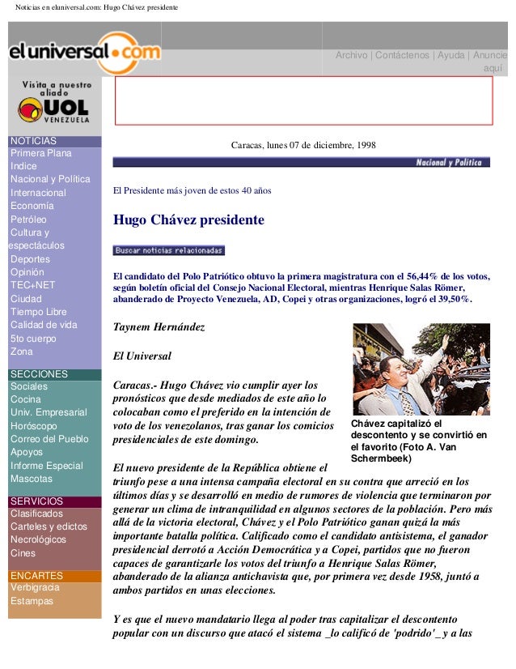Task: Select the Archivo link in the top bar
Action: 351,55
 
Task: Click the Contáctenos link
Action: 401,55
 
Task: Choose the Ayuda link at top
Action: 451,55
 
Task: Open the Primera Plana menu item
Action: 40,153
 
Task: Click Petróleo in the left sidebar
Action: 28,219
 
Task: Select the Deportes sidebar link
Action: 30,259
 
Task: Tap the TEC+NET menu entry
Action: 32,285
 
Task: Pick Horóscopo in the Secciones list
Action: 34,426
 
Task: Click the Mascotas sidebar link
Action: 31,479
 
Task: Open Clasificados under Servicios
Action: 36,513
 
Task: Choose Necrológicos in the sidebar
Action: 38,540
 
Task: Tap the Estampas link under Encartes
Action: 32,601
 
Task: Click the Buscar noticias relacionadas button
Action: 168,250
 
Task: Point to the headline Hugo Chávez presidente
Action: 188,220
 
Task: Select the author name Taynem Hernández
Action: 159,327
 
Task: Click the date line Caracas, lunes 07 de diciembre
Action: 303,146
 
